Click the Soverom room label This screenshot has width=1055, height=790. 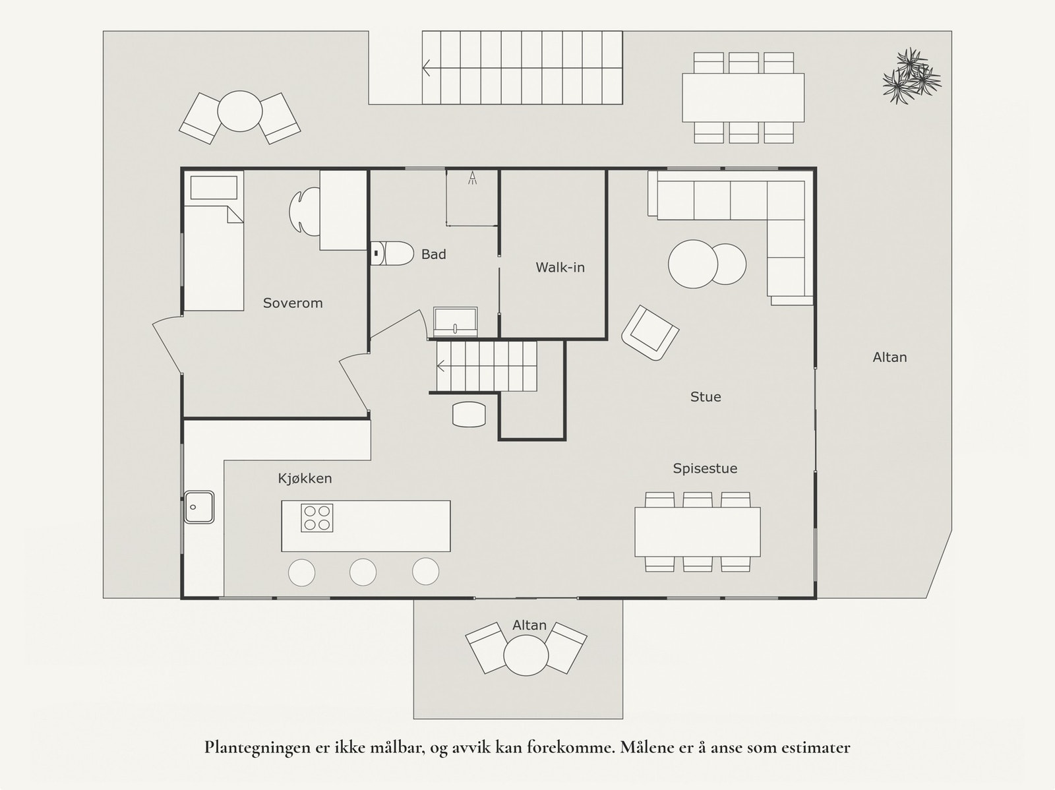[x=293, y=303]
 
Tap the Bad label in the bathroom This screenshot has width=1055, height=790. [x=434, y=254]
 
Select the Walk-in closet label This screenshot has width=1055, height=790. [x=560, y=268]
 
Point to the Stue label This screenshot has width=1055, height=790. [x=706, y=397]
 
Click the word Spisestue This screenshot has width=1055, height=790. [x=705, y=468]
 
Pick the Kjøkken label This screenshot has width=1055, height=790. [x=305, y=479]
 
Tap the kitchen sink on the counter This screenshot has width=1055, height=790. [x=199, y=506]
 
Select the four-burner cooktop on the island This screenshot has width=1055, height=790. [x=317, y=518]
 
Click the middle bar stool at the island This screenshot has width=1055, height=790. [x=363, y=572]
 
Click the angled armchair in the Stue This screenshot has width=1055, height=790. [x=650, y=333]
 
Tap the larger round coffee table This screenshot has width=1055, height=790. [x=692, y=263]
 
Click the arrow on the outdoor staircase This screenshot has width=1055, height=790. [x=427, y=67]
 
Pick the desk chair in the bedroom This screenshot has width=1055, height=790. [x=304, y=212]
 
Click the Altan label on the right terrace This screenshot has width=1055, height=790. [x=889, y=357]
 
